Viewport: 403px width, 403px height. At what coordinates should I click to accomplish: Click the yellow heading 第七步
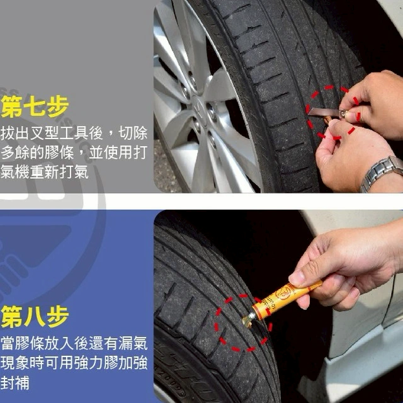[x=35, y=106]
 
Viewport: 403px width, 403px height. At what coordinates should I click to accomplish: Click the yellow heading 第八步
[x=35, y=316]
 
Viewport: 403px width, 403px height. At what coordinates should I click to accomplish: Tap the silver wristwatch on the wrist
[x=382, y=173]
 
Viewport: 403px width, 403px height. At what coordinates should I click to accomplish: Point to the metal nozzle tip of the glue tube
[x=247, y=321]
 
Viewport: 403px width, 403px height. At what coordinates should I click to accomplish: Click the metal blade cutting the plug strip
[x=324, y=112]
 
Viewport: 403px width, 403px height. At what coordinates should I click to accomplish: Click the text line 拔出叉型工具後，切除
[x=74, y=133]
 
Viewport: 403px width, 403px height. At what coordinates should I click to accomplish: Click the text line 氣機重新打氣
[x=45, y=172]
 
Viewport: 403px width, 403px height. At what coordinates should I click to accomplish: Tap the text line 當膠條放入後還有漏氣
[x=74, y=343]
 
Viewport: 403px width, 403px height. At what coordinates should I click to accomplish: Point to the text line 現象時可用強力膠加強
[x=74, y=363]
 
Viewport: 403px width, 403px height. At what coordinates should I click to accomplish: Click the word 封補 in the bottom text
[x=15, y=382]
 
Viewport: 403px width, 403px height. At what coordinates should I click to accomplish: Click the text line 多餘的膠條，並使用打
[x=74, y=152]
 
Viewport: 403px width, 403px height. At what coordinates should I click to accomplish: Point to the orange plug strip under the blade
[x=327, y=120]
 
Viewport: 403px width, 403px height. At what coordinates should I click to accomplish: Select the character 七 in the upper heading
[x=35, y=106]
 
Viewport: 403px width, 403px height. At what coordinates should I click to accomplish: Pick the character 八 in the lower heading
[x=35, y=316]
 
